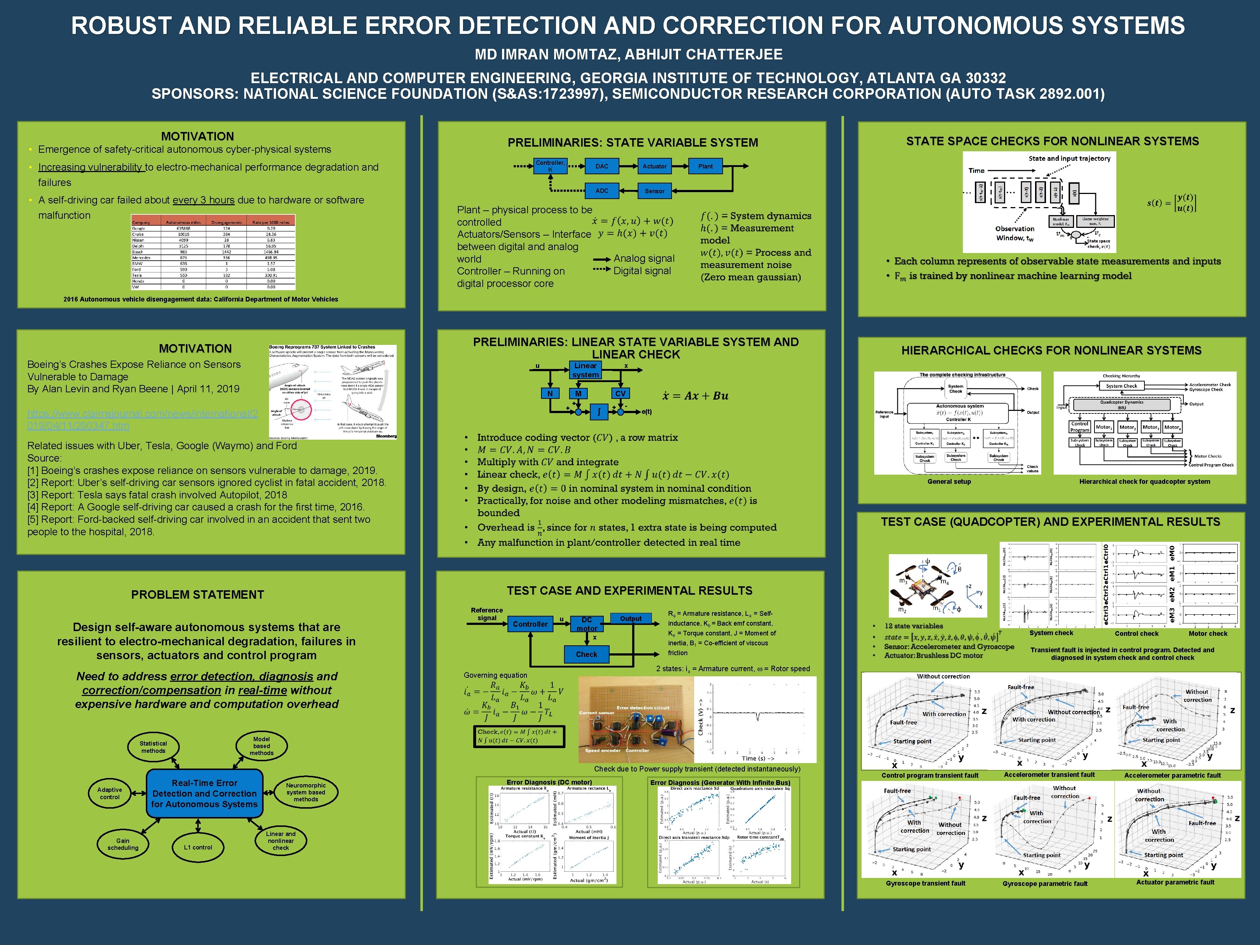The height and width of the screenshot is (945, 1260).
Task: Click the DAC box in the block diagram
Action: click(602, 166)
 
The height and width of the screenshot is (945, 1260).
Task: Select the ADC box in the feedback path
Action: click(602, 191)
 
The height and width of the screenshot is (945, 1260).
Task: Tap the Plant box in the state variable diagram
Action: click(705, 166)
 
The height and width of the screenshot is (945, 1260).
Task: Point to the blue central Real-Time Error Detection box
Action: click(205, 793)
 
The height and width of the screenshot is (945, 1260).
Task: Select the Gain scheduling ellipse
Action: click(123, 844)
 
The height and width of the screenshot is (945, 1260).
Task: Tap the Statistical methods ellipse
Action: click(153, 747)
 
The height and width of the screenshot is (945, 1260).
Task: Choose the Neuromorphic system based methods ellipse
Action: click(306, 792)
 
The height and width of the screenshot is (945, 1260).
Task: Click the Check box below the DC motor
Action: click(586, 654)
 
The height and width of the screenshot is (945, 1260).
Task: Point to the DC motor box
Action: click(587, 624)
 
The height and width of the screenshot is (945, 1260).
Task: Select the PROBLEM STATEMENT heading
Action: click(198, 595)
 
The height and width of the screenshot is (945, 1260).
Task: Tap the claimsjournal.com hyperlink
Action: click(143, 420)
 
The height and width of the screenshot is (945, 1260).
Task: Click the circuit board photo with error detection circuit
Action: click(636, 719)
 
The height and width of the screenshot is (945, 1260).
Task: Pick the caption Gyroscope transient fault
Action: click(926, 883)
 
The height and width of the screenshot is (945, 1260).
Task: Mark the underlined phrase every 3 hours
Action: click(203, 200)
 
